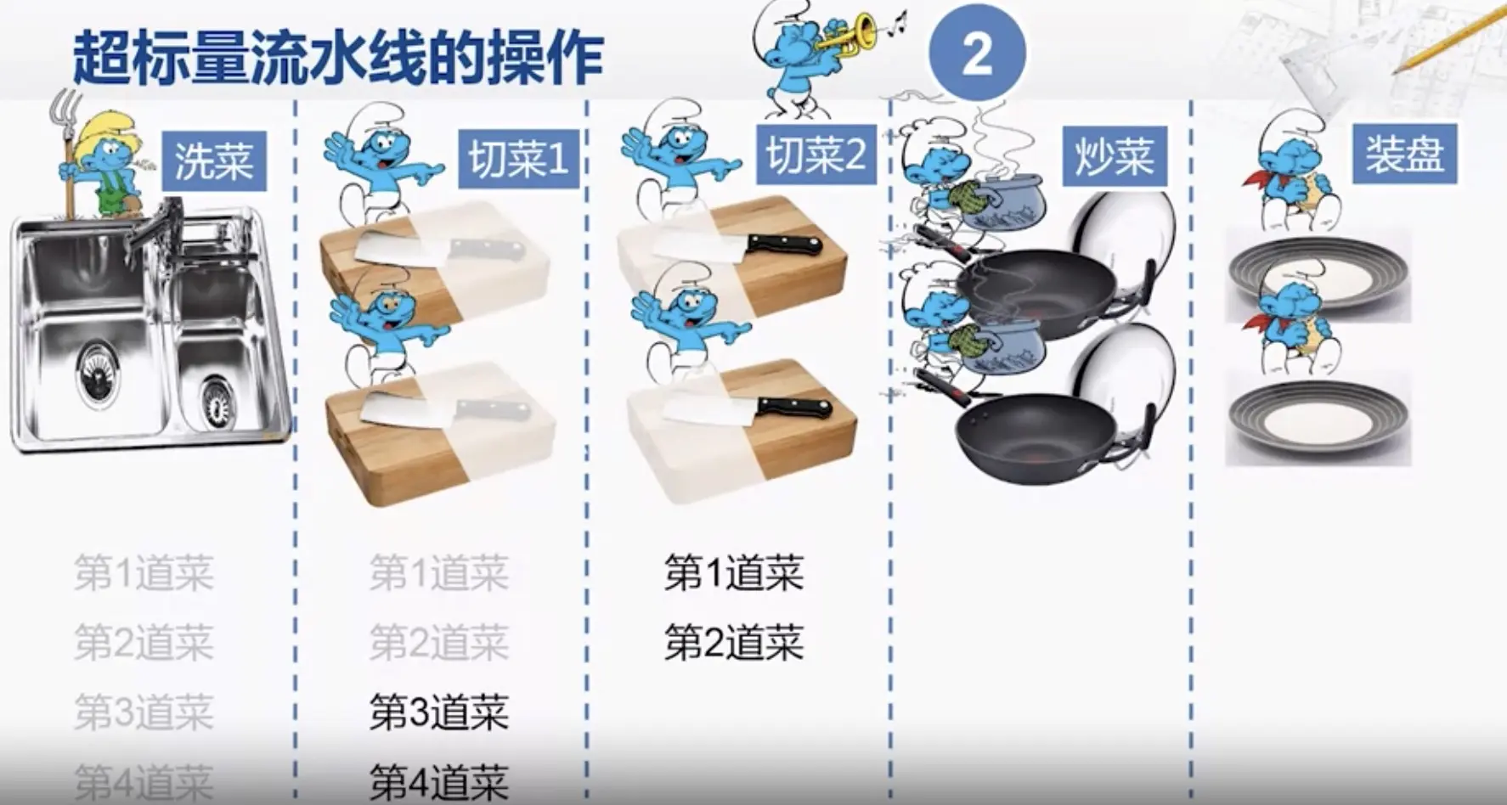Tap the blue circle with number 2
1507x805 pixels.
pos(977,53)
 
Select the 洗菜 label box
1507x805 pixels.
pos(213,160)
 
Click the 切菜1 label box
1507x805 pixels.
pos(518,159)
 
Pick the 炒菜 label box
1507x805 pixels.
pos(1114,156)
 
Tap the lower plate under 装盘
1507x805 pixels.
pos(1318,419)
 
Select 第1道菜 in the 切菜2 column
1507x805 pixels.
pos(733,573)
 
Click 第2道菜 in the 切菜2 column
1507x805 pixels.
pos(733,643)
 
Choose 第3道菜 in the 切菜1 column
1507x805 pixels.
pos(438,712)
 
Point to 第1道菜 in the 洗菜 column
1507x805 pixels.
pos(143,573)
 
